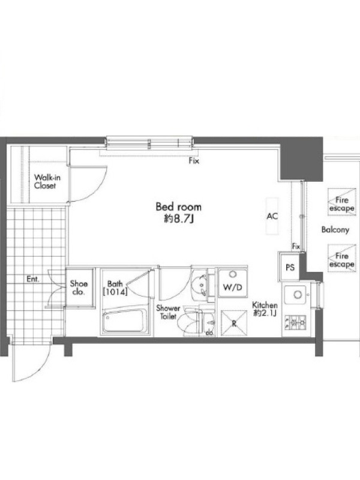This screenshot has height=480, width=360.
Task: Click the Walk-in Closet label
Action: tap(47, 182)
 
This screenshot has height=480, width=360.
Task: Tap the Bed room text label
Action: tap(178, 206)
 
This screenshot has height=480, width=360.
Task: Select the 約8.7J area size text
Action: tap(179, 218)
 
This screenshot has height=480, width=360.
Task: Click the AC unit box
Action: tap(272, 216)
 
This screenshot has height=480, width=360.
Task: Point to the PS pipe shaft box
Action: tap(290, 267)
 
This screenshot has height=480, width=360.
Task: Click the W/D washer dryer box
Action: tap(232, 283)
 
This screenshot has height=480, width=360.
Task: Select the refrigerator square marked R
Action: tap(234, 323)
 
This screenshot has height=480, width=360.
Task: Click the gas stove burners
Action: tap(296, 322)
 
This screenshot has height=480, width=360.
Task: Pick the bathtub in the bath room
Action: tap(124, 322)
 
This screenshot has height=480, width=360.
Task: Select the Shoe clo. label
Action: tap(79, 288)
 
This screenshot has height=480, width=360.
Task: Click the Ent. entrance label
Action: tap(33, 279)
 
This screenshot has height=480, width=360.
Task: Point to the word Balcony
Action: tap(335, 230)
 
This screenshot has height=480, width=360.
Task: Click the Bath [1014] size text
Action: tap(115, 288)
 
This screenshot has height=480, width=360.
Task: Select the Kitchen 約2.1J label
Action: tap(265, 309)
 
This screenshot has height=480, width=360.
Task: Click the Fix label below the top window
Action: tap(193, 160)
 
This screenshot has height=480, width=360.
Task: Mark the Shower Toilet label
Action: tap(168, 312)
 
